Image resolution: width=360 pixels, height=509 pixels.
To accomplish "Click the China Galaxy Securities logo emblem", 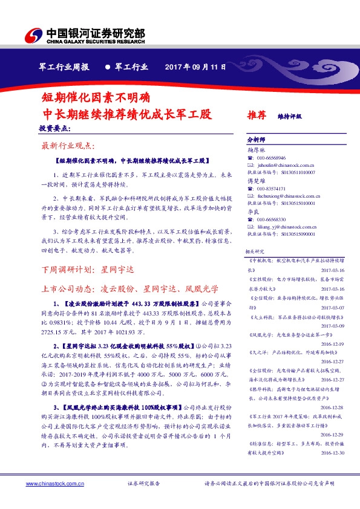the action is pos(34,36).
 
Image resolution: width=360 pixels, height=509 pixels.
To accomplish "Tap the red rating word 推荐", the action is pos(257,114).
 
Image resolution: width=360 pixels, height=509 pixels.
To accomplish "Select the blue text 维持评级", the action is pos(289,115).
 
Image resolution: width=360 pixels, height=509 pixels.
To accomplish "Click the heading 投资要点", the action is pos(55,129).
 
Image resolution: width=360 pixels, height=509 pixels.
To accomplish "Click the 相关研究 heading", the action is pos(255,251).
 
